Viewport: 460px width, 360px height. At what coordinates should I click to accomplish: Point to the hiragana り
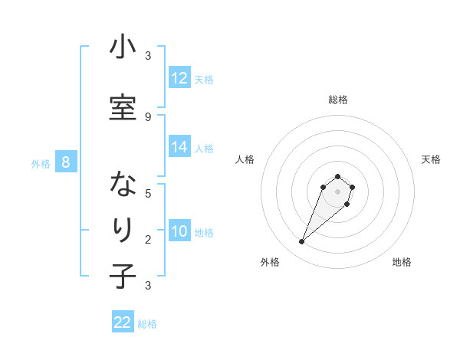click(x=122, y=231)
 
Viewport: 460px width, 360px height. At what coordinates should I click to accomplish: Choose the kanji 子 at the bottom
click(x=122, y=276)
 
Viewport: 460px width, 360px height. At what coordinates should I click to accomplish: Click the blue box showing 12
click(x=179, y=78)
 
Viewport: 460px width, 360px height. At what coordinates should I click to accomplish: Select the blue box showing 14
click(x=179, y=147)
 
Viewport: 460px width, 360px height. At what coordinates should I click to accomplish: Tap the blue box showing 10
click(x=179, y=231)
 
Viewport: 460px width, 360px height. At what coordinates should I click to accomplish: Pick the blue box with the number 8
click(x=66, y=162)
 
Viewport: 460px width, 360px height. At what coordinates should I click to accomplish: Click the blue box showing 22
click(x=123, y=322)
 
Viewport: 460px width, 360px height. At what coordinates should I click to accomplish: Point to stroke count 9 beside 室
click(x=148, y=116)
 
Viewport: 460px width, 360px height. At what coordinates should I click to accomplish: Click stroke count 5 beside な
click(x=148, y=193)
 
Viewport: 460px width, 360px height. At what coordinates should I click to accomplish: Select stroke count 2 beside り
click(x=148, y=240)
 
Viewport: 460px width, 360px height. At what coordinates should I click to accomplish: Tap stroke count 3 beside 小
click(x=148, y=56)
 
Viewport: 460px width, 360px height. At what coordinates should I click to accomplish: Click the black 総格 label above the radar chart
click(x=338, y=100)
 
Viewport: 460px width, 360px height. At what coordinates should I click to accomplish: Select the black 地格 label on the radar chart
click(x=402, y=262)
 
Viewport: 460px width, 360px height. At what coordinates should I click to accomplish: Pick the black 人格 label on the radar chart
click(x=245, y=159)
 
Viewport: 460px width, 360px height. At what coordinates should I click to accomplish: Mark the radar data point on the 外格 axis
click(x=301, y=242)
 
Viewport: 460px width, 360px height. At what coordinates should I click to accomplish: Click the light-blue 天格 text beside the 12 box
click(x=204, y=79)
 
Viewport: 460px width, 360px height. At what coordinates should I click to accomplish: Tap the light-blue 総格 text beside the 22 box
click(x=147, y=324)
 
